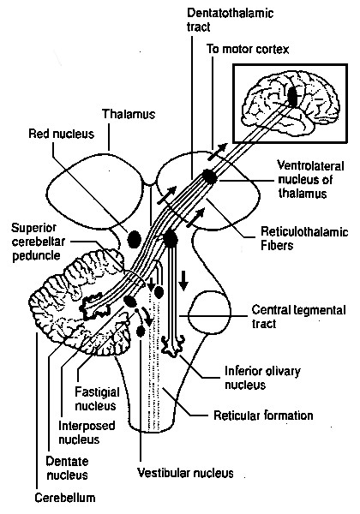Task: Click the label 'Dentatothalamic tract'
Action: click(230, 20)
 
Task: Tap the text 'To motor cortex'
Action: click(248, 49)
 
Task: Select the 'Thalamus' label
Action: click(129, 114)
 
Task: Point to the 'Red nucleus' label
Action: click(62, 134)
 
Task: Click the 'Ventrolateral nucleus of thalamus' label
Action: click(311, 179)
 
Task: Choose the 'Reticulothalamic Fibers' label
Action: click(304, 238)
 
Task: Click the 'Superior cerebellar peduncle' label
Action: click(38, 242)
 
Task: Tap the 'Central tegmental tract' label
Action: click(298, 317)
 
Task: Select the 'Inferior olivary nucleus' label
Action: click(262, 378)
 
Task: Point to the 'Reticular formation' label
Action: click(263, 415)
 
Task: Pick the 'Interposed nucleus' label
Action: click(87, 433)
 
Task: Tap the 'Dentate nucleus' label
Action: click(67, 468)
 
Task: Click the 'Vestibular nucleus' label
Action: click(185, 473)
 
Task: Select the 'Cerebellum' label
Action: click(65, 498)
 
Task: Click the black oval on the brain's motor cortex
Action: click(293, 95)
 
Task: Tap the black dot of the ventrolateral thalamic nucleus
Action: click(209, 177)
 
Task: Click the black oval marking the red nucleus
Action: click(134, 239)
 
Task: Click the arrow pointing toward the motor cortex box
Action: click(217, 152)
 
